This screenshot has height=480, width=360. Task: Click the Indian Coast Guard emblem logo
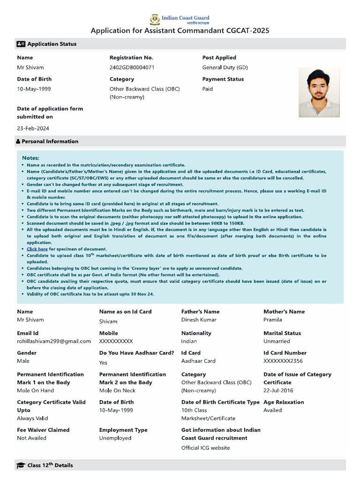pos(155,20)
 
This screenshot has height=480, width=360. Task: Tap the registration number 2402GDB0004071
pos(132,67)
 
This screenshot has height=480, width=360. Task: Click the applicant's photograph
pos(319,92)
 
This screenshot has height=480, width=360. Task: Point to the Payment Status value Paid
pos(207,89)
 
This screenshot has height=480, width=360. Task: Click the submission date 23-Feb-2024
pos(33,128)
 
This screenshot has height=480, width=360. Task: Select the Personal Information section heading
pos(50,141)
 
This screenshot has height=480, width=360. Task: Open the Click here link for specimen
pos(37,249)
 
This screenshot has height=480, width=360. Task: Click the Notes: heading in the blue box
pos(30,158)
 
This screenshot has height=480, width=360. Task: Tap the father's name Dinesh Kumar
pos(199,320)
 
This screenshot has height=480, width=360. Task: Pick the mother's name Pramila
pos(273,320)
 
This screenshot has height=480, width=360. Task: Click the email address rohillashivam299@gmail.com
pos(54,341)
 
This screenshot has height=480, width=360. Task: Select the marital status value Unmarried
pos(277,341)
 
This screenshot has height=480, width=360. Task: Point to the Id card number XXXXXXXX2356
pos(283,361)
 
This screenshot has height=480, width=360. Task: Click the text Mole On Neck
pos(117,390)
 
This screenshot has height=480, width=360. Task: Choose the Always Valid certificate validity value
pos(32,418)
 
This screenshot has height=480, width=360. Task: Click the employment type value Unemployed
pos(115,438)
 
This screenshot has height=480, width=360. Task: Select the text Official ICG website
pos(205,448)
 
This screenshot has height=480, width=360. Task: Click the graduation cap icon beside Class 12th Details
pos(21,465)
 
